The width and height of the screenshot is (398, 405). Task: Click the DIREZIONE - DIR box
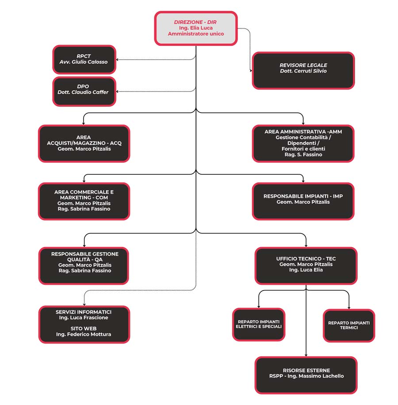195,28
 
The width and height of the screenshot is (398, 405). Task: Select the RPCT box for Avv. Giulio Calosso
84,59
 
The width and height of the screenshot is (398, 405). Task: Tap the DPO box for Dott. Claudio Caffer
84,92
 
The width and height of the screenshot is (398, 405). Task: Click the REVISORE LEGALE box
303,71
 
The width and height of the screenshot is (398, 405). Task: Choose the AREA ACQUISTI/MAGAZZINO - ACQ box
84,143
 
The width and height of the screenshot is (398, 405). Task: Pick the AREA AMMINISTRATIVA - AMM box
303,143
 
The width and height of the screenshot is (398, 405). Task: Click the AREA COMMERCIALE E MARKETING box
84,201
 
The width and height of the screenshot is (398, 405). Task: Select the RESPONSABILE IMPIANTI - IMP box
303,201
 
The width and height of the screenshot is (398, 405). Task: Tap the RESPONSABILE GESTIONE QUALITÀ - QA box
84,265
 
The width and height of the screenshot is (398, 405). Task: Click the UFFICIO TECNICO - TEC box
306,265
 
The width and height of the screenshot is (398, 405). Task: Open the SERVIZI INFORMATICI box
84,324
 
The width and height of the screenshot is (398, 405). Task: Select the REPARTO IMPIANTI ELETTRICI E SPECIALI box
259,325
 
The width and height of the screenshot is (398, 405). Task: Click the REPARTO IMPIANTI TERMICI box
349,325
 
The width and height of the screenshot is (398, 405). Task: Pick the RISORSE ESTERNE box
306,375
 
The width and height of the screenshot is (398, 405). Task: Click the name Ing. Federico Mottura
84,335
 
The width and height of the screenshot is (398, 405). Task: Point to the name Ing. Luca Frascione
84,318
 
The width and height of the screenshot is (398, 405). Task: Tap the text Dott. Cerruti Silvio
303,71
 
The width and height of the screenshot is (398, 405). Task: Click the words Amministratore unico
195,34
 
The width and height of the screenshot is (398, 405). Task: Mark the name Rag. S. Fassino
303,155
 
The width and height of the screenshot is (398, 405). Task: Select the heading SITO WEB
84,329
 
